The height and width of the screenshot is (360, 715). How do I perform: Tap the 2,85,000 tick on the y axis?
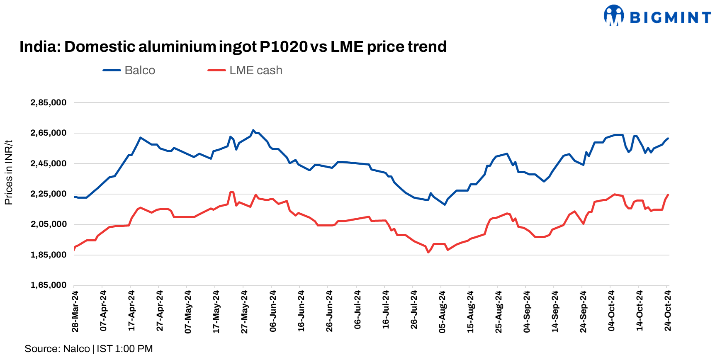click(x=48, y=102)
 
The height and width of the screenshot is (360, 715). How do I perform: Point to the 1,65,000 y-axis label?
click(x=48, y=285)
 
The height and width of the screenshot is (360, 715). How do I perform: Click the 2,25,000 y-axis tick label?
click(x=48, y=194)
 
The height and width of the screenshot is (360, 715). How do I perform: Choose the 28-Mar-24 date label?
click(x=75, y=311)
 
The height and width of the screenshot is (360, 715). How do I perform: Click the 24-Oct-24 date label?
click(x=668, y=311)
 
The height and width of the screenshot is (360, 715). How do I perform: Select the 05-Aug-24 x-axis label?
click(x=442, y=311)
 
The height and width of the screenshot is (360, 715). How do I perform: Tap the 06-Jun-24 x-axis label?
click(x=273, y=311)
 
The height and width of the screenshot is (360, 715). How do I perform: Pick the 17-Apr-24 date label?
click(x=131, y=311)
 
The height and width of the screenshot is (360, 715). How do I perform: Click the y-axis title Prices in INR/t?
click(x=9, y=173)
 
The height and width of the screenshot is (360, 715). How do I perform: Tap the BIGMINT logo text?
click(x=670, y=17)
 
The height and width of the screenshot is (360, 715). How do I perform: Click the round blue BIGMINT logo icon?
click(x=614, y=16)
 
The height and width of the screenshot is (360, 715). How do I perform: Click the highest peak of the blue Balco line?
click(x=253, y=130)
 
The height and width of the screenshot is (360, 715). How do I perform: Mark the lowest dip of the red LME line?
click(x=428, y=252)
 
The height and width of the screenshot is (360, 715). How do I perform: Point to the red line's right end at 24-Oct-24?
click(x=668, y=195)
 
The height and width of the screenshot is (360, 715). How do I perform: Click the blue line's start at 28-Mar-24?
click(x=74, y=197)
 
